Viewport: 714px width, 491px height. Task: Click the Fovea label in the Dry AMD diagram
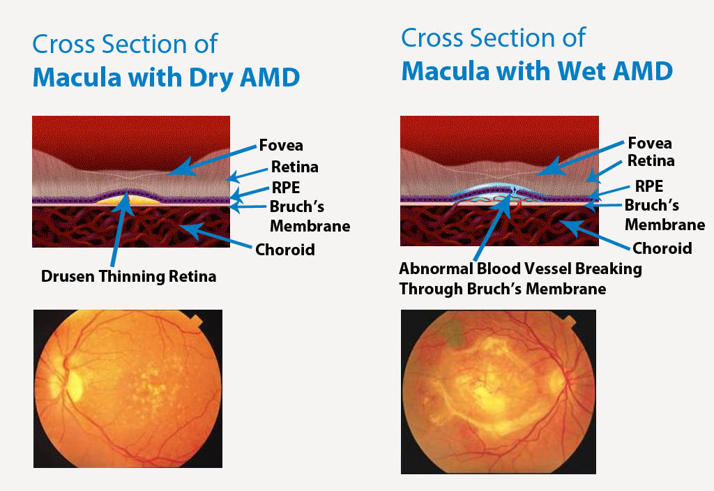point(281,145)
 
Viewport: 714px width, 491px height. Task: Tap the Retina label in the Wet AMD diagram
point(651,161)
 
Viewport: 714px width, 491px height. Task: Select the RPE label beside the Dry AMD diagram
point(285,188)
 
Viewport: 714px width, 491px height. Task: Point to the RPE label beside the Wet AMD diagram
point(649,186)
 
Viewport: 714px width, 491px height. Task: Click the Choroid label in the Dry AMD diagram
point(285,250)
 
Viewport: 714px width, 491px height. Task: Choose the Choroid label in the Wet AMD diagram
point(662,248)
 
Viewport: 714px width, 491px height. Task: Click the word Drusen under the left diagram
point(68,276)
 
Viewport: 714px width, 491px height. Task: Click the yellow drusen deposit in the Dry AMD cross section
point(128,200)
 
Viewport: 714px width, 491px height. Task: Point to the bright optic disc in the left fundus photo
point(74,386)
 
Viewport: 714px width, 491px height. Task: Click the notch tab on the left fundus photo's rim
point(196,321)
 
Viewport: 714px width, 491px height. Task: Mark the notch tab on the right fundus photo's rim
point(570,321)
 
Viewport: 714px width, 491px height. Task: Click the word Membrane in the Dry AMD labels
point(310,227)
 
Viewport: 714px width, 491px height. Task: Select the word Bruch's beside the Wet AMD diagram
point(652,206)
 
